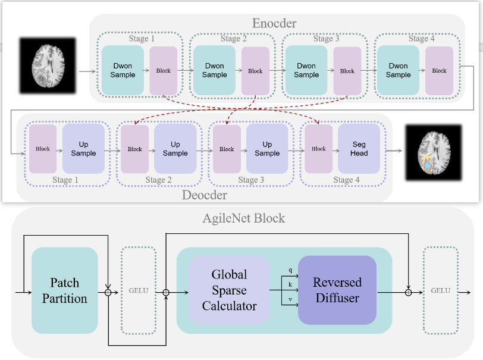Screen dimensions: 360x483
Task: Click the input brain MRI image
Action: click(x=48, y=65)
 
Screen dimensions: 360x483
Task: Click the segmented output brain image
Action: click(x=433, y=153)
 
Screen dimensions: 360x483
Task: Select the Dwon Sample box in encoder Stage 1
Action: click(x=123, y=71)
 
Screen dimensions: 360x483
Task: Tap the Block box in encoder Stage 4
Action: click(x=439, y=71)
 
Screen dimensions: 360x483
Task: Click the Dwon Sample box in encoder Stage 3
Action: click(x=306, y=71)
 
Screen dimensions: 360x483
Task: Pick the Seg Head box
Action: click(x=359, y=149)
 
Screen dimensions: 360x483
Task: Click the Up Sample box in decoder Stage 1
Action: click(x=83, y=149)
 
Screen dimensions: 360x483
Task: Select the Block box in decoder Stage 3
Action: click(x=227, y=149)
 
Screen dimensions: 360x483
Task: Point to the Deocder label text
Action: click(x=205, y=195)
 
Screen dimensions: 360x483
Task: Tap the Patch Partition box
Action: click(x=64, y=290)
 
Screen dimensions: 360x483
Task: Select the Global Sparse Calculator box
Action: click(x=229, y=290)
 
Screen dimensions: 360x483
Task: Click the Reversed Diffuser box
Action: click(x=337, y=290)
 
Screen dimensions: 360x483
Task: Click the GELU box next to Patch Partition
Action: click(x=138, y=290)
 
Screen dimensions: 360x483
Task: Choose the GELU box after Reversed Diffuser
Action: click(x=440, y=290)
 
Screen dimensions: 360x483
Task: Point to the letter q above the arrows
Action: click(x=290, y=270)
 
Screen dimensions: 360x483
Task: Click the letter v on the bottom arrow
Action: click(x=290, y=299)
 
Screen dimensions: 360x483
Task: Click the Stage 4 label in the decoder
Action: click(x=346, y=180)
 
